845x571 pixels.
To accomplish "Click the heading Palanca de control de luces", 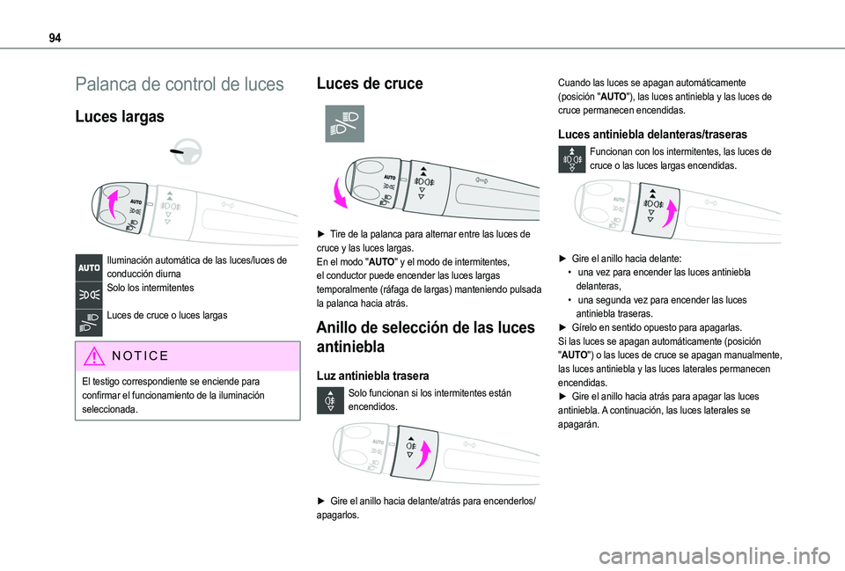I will click(x=179, y=85).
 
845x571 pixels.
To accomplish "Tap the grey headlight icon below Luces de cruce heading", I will click(x=344, y=124).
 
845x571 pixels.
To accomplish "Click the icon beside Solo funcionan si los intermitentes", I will click(x=334, y=401).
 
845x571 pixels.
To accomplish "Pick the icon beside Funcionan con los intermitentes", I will click(x=571, y=160).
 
